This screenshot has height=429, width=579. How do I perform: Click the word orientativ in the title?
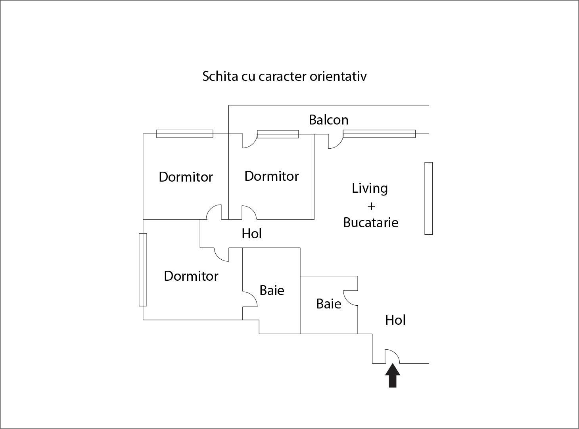point(338,76)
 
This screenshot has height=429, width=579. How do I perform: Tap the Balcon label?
point(329,120)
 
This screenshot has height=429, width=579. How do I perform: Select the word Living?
point(370,188)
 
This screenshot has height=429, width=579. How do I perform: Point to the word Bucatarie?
point(370,222)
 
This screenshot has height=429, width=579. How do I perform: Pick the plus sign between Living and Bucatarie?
point(371,206)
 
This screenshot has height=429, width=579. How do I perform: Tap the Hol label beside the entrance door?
point(395,320)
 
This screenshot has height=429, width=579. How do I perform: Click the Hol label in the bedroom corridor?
point(251,234)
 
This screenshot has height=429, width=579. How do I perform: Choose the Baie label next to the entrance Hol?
point(328,304)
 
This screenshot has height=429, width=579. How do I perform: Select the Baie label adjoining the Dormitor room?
point(272,290)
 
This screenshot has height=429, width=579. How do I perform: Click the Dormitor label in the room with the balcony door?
point(271,176)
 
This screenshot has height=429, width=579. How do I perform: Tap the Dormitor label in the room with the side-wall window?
point(191,276)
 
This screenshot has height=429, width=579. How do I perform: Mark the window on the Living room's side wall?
point(428,198)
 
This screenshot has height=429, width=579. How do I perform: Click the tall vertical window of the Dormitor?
point(143,270)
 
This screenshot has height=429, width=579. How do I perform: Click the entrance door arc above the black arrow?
point(392,356)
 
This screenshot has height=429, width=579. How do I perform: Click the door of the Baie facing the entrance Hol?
point(351,297)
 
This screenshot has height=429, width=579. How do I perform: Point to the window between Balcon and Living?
point(379,134)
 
